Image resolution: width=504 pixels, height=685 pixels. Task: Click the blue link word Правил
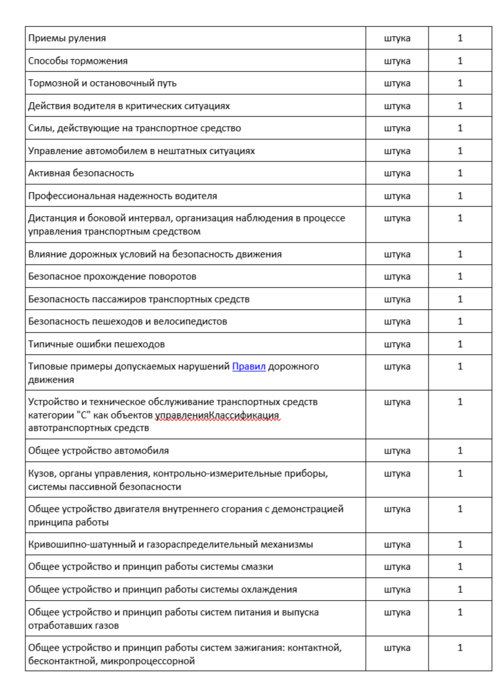249,366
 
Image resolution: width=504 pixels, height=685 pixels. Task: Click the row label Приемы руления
67,38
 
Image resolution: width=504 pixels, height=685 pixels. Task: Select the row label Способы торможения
78,61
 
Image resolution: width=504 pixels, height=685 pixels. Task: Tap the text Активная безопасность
81,173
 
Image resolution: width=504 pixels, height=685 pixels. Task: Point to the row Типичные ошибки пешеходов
96,344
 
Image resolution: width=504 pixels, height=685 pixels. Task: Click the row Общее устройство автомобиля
98,451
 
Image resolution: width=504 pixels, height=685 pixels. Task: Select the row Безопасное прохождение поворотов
112,276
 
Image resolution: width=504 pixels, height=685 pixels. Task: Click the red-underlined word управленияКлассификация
217,415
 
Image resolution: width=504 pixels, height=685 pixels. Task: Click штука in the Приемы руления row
397,38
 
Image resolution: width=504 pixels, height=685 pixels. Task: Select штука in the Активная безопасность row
397,173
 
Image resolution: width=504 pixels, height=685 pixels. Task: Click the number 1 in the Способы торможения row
460,61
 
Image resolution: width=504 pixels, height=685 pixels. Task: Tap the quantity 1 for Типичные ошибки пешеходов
460,344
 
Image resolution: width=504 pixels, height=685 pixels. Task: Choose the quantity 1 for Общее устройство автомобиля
460,451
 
